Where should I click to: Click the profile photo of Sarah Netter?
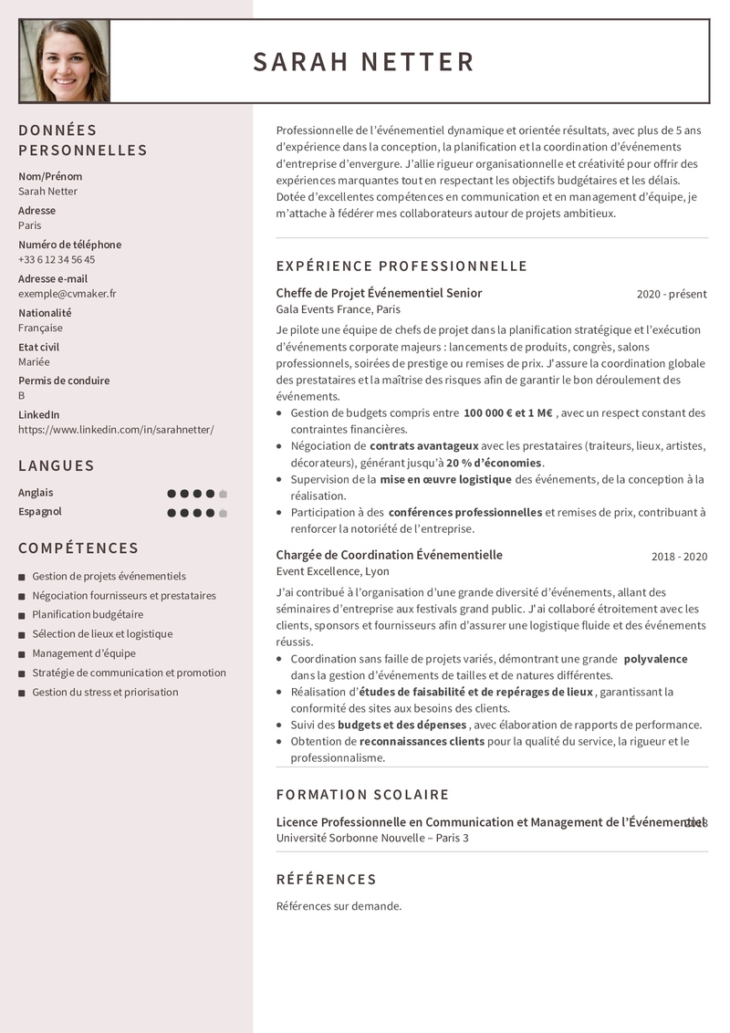tap(65, 61)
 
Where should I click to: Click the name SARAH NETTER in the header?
tap(363, 62)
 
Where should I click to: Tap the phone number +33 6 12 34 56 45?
tap(57, 259)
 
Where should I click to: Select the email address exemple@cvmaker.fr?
tap(67, 294)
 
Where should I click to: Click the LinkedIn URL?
tap(116, 429)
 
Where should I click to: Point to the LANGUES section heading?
tap(57, 465)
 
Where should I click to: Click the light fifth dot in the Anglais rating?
tap(223, 494)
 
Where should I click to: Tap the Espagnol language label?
tap(40, 511)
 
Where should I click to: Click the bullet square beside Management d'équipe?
tap(22, 653)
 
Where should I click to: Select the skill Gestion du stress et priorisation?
tap(105, 692)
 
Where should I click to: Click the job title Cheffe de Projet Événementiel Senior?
tap(379, 293)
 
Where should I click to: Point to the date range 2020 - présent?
tap(672, 294)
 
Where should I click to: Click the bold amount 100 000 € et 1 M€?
tap(507, 412)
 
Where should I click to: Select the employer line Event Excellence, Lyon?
tap(332, 571)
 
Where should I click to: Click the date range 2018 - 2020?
tap(679, 556)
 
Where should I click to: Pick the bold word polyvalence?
tap(655, 659)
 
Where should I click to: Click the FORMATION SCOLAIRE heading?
tap(362, 795)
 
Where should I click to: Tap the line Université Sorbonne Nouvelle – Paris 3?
tap(372, 838)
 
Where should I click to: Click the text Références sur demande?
tap(339, 906)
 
